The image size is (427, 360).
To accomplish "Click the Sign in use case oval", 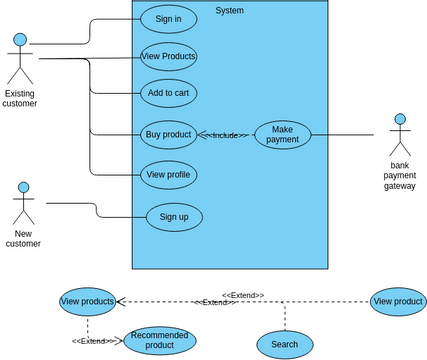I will [168, 18].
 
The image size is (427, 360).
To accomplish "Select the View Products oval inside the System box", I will [168, 56].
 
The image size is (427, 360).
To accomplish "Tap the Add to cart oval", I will [168, 93].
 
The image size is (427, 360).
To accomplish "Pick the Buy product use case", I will [168, 134].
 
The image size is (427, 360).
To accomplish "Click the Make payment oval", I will [283, 134].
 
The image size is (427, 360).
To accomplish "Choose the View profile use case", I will [168, 174].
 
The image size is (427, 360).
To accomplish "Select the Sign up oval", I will [174, 216].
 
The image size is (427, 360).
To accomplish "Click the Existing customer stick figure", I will [19, 59].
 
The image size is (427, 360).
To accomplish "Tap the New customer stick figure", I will [23, 204].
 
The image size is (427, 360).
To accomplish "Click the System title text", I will [229, 11].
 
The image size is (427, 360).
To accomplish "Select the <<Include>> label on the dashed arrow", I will [226, 135].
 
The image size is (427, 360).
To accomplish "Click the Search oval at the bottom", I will [284, 344].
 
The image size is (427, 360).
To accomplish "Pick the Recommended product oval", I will [159, 340].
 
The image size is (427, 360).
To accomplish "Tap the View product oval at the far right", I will [397, 301].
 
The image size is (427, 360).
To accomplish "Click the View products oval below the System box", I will [87, 301].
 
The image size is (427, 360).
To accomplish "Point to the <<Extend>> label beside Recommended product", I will [91, 341].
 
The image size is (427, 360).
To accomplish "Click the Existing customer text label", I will [19, 98].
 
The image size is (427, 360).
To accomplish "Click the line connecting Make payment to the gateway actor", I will [343, 134].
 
